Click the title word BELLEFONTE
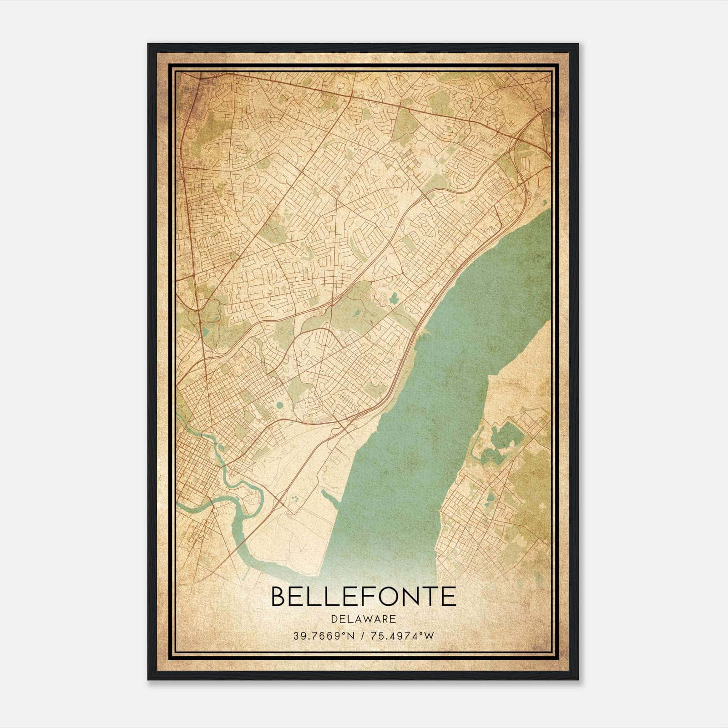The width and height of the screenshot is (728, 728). click(x=364, y=597)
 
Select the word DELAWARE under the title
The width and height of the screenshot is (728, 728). click(x=364, y=619)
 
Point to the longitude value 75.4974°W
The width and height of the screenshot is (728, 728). click(x=402, y=636)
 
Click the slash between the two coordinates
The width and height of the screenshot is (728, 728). click(x=362, y=636)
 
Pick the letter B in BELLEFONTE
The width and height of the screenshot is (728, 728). click(x=280, y=597)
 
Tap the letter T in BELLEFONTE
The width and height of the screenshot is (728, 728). click(x=430, y=597)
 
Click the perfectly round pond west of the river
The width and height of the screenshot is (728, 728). click(x=279, y=404)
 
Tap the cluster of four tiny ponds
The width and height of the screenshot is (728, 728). click(x=296, y=499)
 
